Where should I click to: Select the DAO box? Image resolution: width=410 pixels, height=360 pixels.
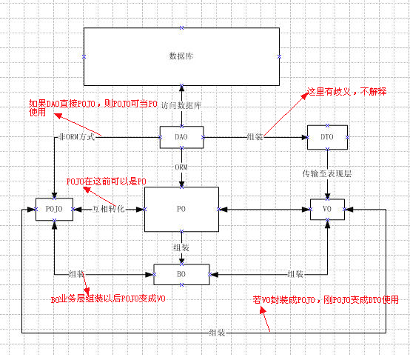[x=181, y=138]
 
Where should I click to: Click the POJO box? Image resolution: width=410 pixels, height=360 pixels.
[x=54, y=210]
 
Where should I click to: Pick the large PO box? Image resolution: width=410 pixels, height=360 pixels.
[x=181, y=210]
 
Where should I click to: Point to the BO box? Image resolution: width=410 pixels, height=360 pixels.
[x=181, y=274]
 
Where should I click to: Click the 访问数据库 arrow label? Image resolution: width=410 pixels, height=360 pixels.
[x=181, y=107]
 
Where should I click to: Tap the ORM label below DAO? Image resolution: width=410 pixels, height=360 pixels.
[x=181, y=167]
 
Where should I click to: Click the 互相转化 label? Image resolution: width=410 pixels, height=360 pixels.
[x=108, y=210]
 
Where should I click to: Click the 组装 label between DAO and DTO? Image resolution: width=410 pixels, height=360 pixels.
[x=256, y=138]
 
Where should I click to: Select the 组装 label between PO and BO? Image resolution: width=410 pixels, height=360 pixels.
[x=181, y=247]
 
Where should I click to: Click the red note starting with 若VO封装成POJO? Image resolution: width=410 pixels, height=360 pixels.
[x=326, y=300]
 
